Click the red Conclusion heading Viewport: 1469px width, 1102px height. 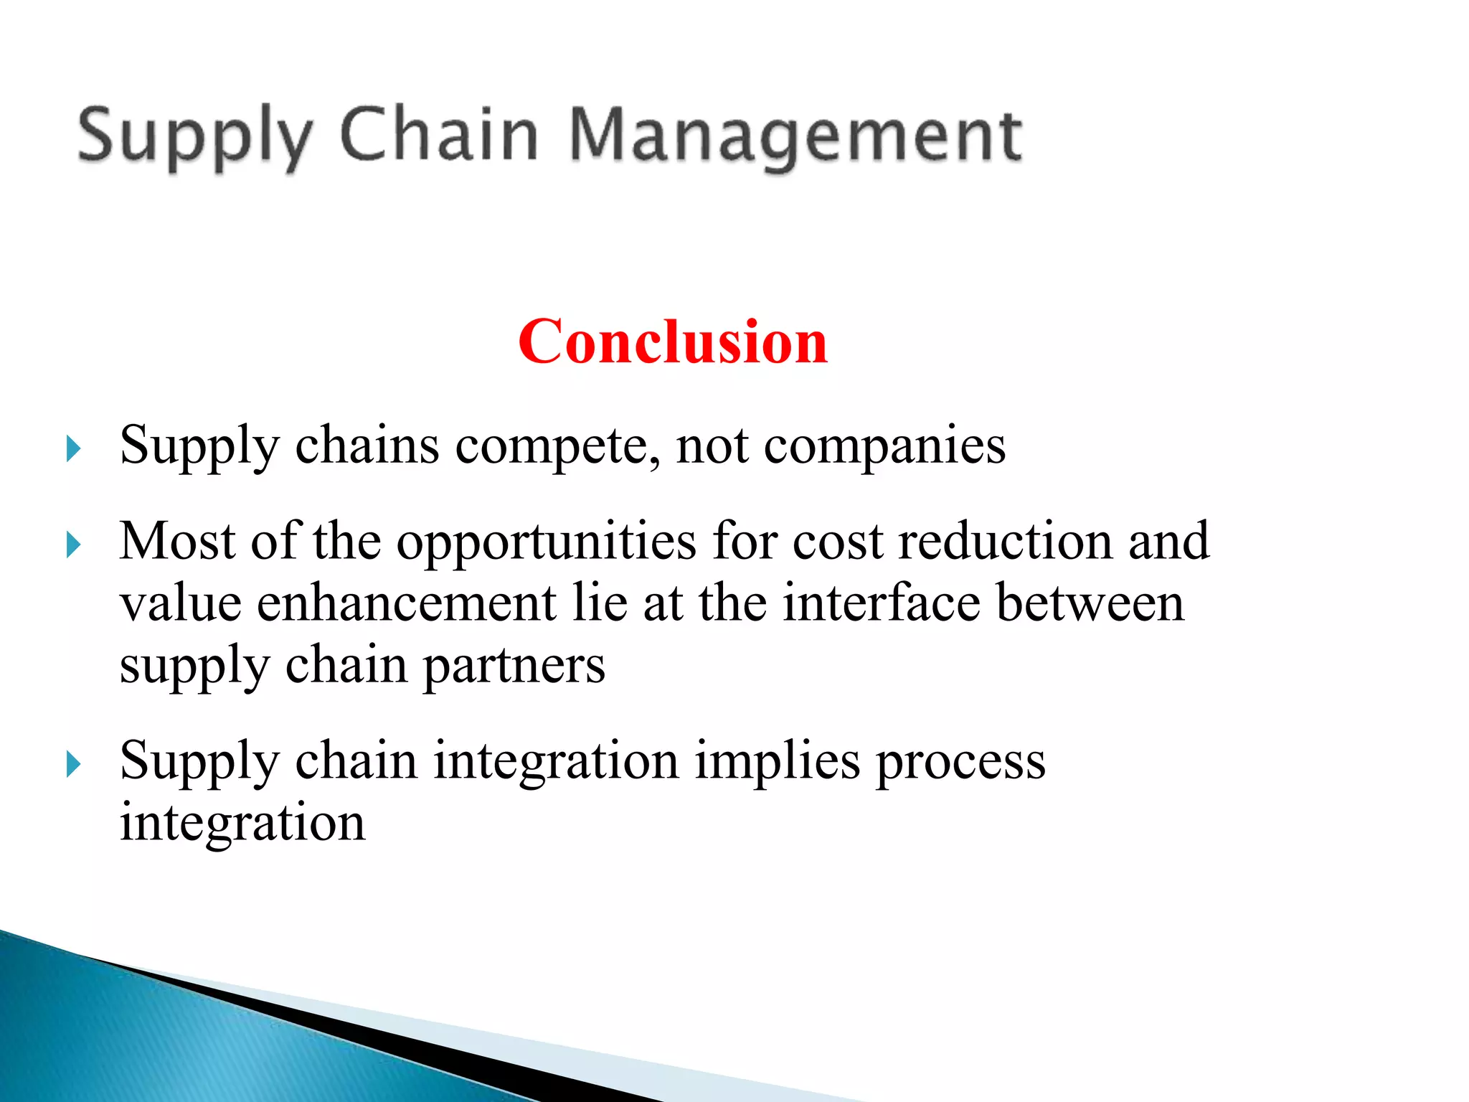672,342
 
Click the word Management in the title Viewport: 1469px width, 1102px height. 795,136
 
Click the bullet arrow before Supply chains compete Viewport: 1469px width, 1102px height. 72,449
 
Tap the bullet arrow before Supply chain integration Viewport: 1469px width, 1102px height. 72,764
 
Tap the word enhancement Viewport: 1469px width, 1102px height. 406,603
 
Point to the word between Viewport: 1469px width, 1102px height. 1090,603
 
